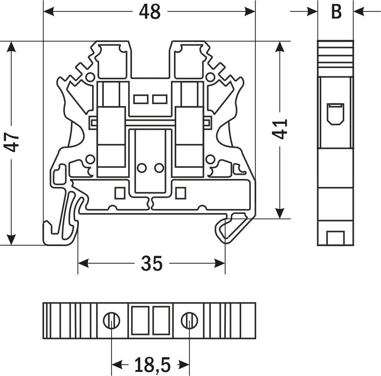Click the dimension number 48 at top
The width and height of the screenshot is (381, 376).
tap(150, 12)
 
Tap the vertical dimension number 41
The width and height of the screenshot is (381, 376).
tap(280, 129)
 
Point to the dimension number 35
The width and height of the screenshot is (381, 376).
tap(152, 263)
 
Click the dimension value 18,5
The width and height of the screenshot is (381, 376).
tap(152, 364)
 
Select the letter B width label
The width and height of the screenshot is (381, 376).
tap(336, 12)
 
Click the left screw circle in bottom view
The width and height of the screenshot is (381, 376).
tap(112, 321)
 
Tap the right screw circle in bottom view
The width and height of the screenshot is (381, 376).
tap(189, 321)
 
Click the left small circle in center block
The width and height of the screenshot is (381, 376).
tap(142, 168)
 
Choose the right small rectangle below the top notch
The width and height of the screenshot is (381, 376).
tap(160, 99)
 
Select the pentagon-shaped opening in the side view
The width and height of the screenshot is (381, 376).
tap(335, 114)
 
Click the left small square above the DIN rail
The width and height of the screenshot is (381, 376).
tap(119, 193)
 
